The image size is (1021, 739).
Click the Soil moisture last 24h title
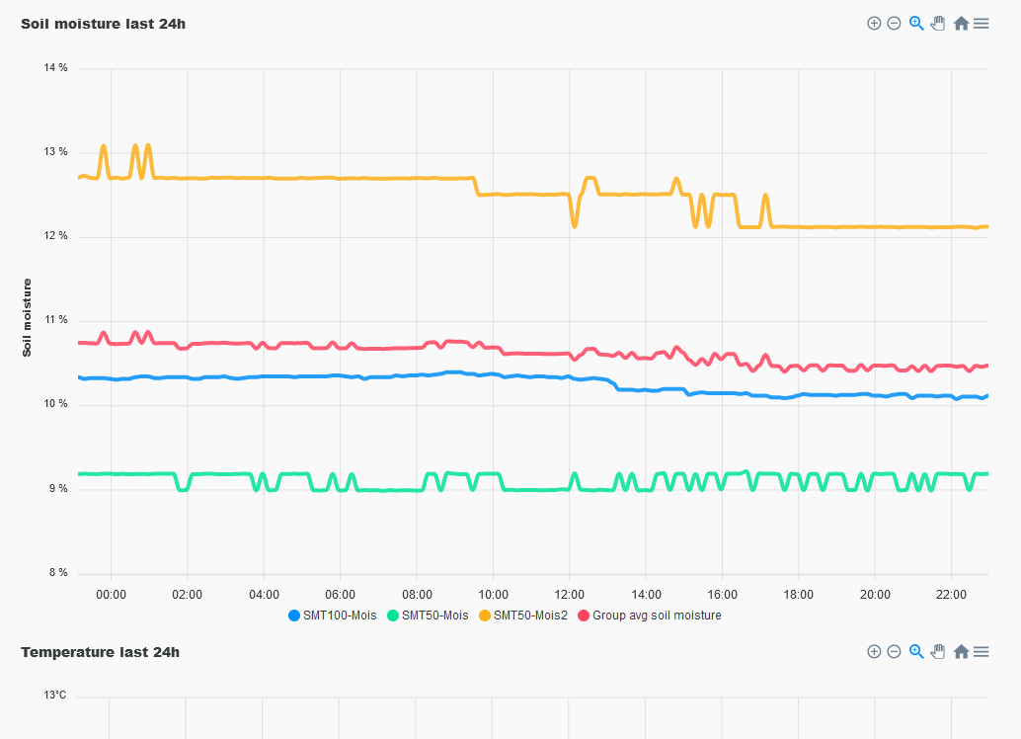103,24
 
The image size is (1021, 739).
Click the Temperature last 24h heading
100,652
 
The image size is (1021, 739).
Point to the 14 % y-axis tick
56,68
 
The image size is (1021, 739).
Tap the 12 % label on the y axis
56,236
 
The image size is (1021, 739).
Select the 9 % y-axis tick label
59,489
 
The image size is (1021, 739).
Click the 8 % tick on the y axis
59,573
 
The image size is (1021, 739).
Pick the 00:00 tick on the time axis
111,595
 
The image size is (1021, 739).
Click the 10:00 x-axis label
493,595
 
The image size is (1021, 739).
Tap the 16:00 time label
722,595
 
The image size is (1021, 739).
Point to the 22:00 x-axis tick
951,595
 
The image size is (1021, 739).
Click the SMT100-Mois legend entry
333,616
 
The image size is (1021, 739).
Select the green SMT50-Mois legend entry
428,616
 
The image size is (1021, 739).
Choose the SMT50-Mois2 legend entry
522,616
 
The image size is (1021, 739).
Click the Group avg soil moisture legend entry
649,616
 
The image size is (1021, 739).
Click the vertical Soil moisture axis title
28,317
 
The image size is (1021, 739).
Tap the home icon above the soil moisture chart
961,24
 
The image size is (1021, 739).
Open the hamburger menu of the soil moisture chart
981,24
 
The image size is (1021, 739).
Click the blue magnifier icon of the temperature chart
916,651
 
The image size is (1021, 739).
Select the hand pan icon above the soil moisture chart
938,24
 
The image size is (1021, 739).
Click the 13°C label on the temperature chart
55,696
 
